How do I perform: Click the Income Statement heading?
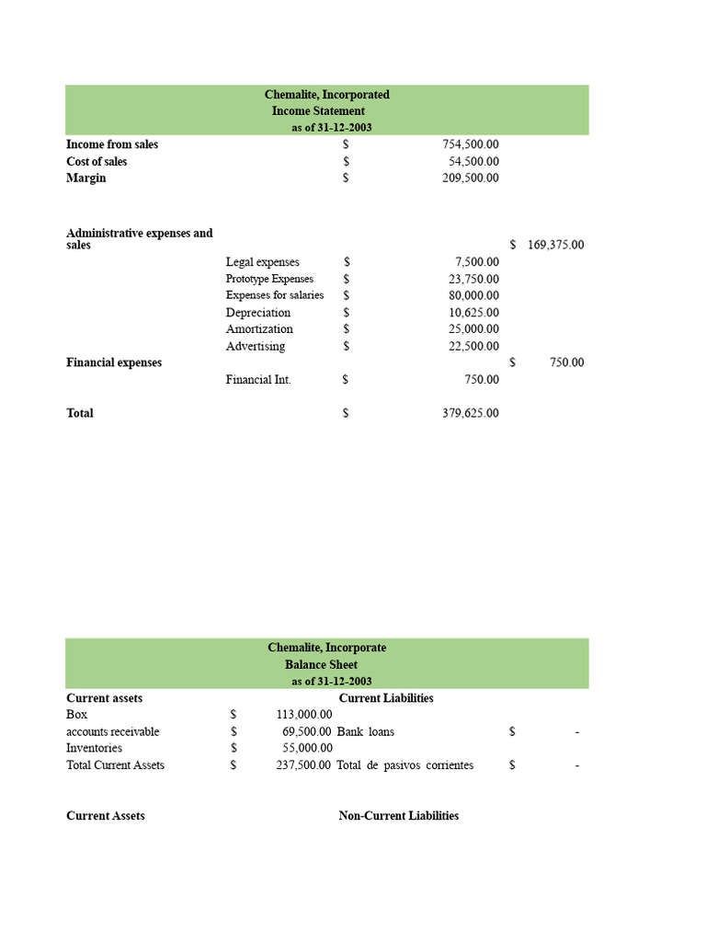[318, 111]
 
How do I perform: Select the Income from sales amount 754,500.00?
[471, 144]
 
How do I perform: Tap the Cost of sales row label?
[97, 162]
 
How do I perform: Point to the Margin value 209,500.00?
[471, 178]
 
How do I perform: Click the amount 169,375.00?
[555, 246]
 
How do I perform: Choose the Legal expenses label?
[262, 262]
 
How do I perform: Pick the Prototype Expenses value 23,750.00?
[473, 279]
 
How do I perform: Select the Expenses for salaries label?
[275, 295]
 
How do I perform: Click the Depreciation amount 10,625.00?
[473, 313]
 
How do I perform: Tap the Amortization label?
[259, 329]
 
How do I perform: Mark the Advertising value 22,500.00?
[473, 347]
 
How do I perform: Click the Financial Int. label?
[258, 380]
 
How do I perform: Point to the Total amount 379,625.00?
[471, 414]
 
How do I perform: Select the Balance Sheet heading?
[321, 665]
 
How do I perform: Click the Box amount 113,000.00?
[304, 715]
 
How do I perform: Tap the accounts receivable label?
[112, 732]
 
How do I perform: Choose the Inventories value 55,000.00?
[307, 749]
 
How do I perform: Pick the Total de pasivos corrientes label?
[405, 765]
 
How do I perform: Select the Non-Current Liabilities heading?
[398, 816]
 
